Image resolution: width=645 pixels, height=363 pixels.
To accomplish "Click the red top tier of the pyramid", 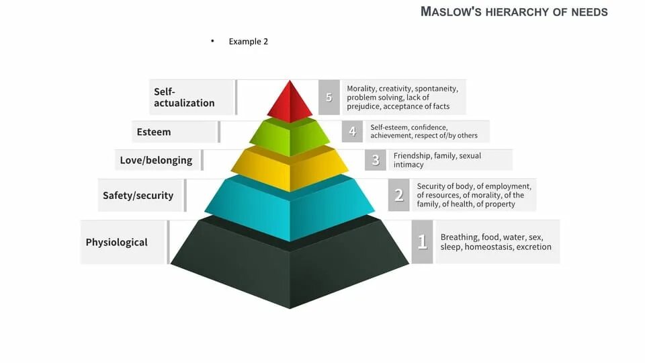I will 290,102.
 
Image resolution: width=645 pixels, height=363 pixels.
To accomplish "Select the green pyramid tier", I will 290,138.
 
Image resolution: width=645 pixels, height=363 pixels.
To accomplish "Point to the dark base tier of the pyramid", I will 290,269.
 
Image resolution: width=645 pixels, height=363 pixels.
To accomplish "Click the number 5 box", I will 329,97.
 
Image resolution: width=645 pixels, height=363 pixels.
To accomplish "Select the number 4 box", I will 352,132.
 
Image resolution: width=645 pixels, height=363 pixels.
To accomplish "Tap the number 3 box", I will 376,160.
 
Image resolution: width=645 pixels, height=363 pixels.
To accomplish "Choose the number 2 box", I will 398,196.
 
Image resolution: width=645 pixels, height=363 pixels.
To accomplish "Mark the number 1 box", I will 422,242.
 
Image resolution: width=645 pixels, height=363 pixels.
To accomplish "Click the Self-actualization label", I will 184,97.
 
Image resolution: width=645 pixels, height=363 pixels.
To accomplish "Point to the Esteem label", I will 154,132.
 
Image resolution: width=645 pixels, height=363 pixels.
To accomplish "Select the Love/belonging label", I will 156,160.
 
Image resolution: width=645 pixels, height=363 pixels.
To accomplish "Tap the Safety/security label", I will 138,196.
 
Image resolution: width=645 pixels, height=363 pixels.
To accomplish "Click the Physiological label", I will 116,242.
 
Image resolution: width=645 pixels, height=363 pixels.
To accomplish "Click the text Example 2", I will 248,42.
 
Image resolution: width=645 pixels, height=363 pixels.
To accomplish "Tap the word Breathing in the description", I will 459,237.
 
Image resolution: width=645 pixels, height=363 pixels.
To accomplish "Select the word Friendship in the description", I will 413,156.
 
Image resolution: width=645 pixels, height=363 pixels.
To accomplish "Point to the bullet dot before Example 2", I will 212,41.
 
